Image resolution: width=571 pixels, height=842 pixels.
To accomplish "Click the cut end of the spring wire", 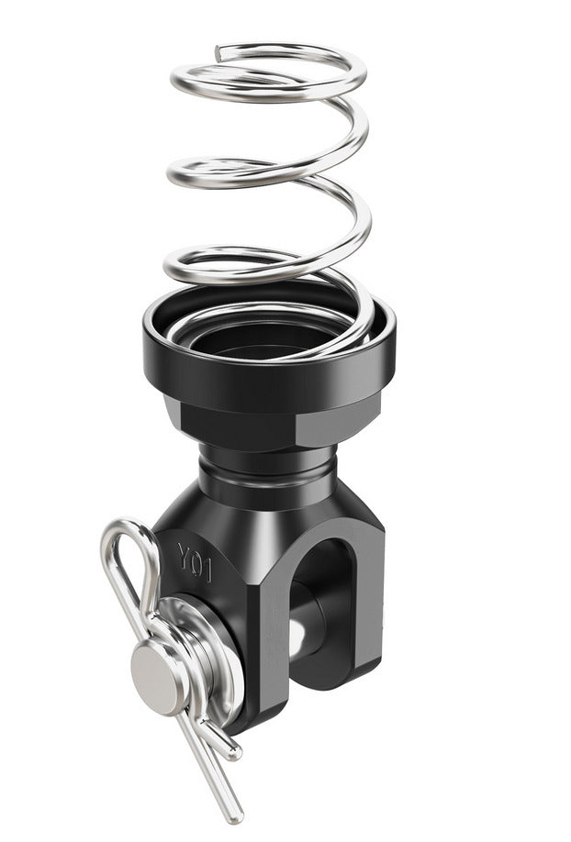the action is click(218, 53).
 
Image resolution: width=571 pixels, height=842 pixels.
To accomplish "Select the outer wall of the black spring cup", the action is click(269, 371).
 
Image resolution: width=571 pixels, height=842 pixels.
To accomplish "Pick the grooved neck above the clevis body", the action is click(268, 470).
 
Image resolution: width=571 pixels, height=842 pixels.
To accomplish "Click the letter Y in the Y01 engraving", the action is click(185, 554).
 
